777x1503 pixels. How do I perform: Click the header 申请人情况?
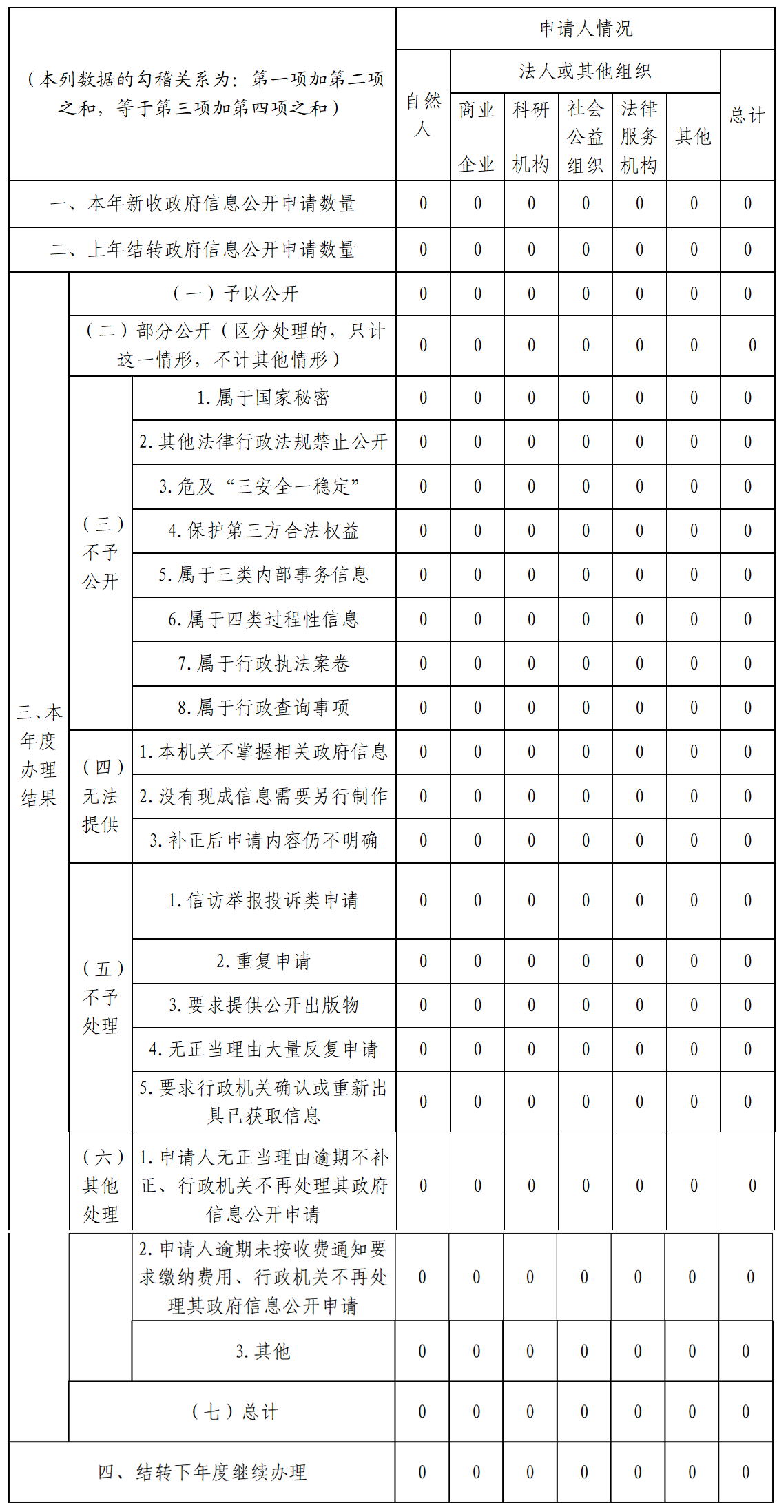pos(586,29)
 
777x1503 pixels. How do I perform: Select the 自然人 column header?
pos(423,115)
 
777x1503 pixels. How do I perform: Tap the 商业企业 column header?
pos(477,136)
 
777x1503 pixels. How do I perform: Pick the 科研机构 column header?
pos(530,136)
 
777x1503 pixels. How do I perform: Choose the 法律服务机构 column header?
pos(639,136)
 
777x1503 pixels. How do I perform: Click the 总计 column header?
pos(747,115)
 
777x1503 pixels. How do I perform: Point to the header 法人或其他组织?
pos(585,71)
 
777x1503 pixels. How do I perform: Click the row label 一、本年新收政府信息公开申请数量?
pos(203,203)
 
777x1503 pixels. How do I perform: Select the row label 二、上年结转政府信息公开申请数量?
pos(203,249)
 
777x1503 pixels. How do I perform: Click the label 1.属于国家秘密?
pos(263,397)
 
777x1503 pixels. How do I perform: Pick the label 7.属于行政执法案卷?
pos(263,663)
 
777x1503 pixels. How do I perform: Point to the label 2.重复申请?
pos(263,961)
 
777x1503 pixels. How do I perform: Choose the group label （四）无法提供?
pos(101,796)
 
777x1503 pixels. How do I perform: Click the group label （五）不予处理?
pos(101,997)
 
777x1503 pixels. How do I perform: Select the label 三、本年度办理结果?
pos(39,755)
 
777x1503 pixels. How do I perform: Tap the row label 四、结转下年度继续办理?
pos(203,1472)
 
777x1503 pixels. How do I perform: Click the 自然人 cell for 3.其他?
pos(422,1351)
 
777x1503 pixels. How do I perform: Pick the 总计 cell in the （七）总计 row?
pos(746,1411)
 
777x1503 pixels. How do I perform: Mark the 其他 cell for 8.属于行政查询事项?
pos(694,707)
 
